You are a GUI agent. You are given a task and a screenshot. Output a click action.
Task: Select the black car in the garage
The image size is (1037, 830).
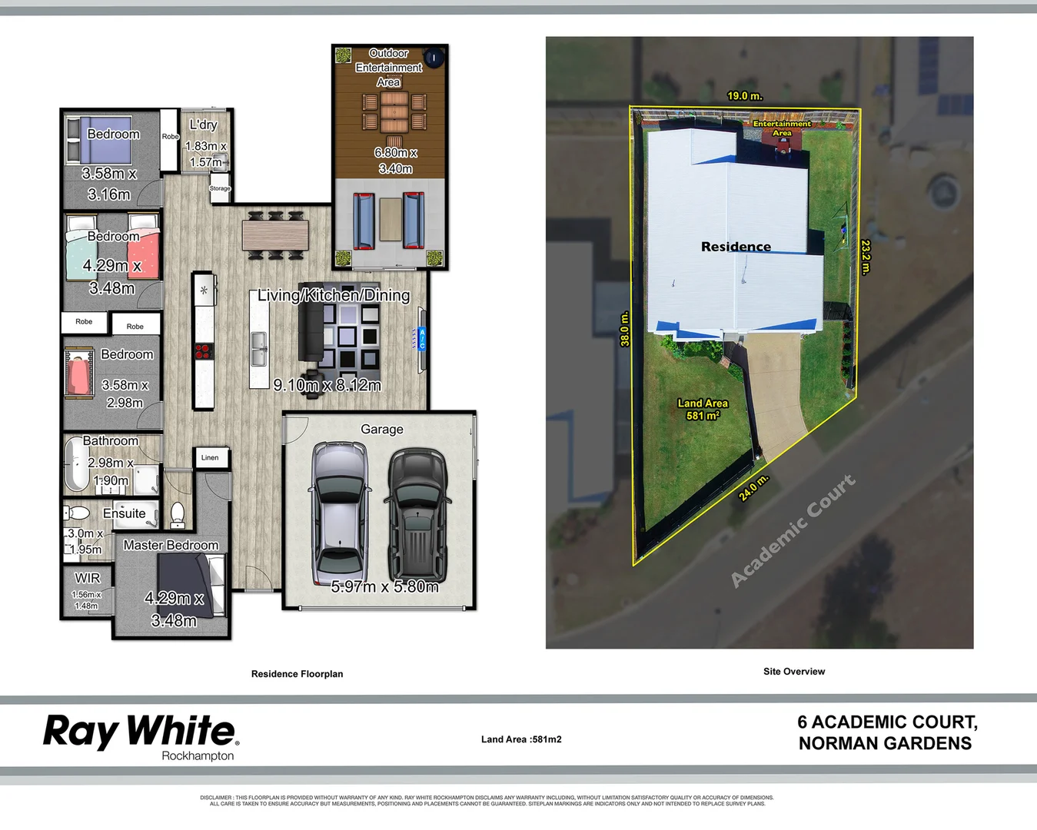[x=417, y=515]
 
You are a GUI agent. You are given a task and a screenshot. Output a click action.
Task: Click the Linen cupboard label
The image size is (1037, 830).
[x=210, y=458]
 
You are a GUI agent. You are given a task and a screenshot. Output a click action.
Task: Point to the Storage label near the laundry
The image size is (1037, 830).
[x=220, y=188]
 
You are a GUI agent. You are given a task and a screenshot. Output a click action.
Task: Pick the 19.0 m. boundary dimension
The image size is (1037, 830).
[x=744, y=96]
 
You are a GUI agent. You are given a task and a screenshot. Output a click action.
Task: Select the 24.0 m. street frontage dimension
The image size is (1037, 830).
[x=753, y=489]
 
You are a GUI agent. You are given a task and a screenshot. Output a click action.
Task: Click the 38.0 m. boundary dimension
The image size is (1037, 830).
[x=625, y=329]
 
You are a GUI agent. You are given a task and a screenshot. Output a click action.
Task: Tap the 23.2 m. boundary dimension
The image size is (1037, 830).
[x=866, y=257]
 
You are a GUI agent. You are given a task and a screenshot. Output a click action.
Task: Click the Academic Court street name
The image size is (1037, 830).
[x=793, y=530]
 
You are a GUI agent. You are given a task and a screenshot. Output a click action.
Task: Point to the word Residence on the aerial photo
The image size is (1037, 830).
[x=736, y=247]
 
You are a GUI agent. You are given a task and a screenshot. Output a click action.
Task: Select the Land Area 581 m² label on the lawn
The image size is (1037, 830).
[x=703, y=409]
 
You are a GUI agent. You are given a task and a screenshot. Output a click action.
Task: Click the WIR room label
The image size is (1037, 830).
[x=87, y=578]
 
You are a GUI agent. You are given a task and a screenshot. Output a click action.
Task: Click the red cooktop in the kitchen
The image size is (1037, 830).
[x=203, y=352]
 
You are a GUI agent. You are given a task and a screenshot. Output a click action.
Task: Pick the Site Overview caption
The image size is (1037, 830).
[x=794, y=672]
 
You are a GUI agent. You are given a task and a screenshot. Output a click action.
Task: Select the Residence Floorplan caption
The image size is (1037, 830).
[x=297, y=674]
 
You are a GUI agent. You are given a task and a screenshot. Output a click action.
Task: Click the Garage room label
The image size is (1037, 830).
[x=382, y=430]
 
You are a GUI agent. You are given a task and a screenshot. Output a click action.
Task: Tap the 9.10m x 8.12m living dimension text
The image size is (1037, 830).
[x=327, y=385]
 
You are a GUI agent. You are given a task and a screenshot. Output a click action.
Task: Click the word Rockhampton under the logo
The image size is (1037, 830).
[x=198, y=756]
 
